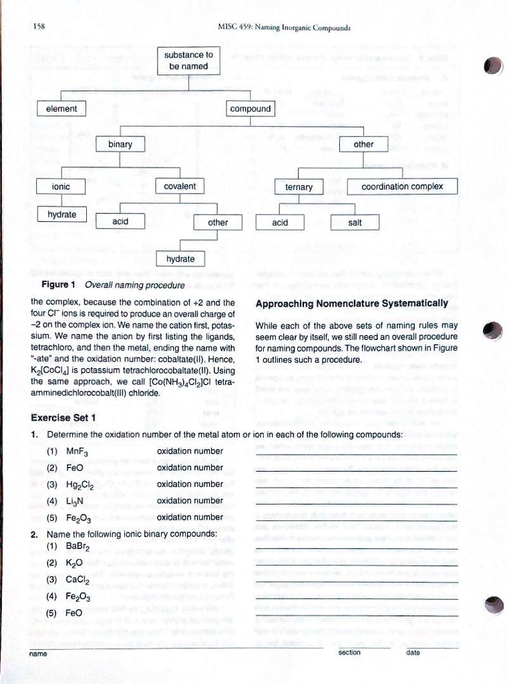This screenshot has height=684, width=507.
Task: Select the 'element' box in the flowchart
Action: click(x=61, y=109)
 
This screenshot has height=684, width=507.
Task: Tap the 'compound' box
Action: click(x=250, y=109)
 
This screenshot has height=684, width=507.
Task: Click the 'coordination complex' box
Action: click(x=402, y=186)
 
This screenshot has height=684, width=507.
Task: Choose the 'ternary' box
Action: click(x=299, y=187)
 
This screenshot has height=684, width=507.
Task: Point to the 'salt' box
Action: click(x=355, y=222)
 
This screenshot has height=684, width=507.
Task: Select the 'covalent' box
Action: click(x=180, y=186)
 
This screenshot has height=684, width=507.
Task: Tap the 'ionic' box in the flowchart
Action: click(x=61, y=186)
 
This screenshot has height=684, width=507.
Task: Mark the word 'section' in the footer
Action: click(x=349, y=653)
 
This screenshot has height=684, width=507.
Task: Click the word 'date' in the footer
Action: click(x=413, y=653)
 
